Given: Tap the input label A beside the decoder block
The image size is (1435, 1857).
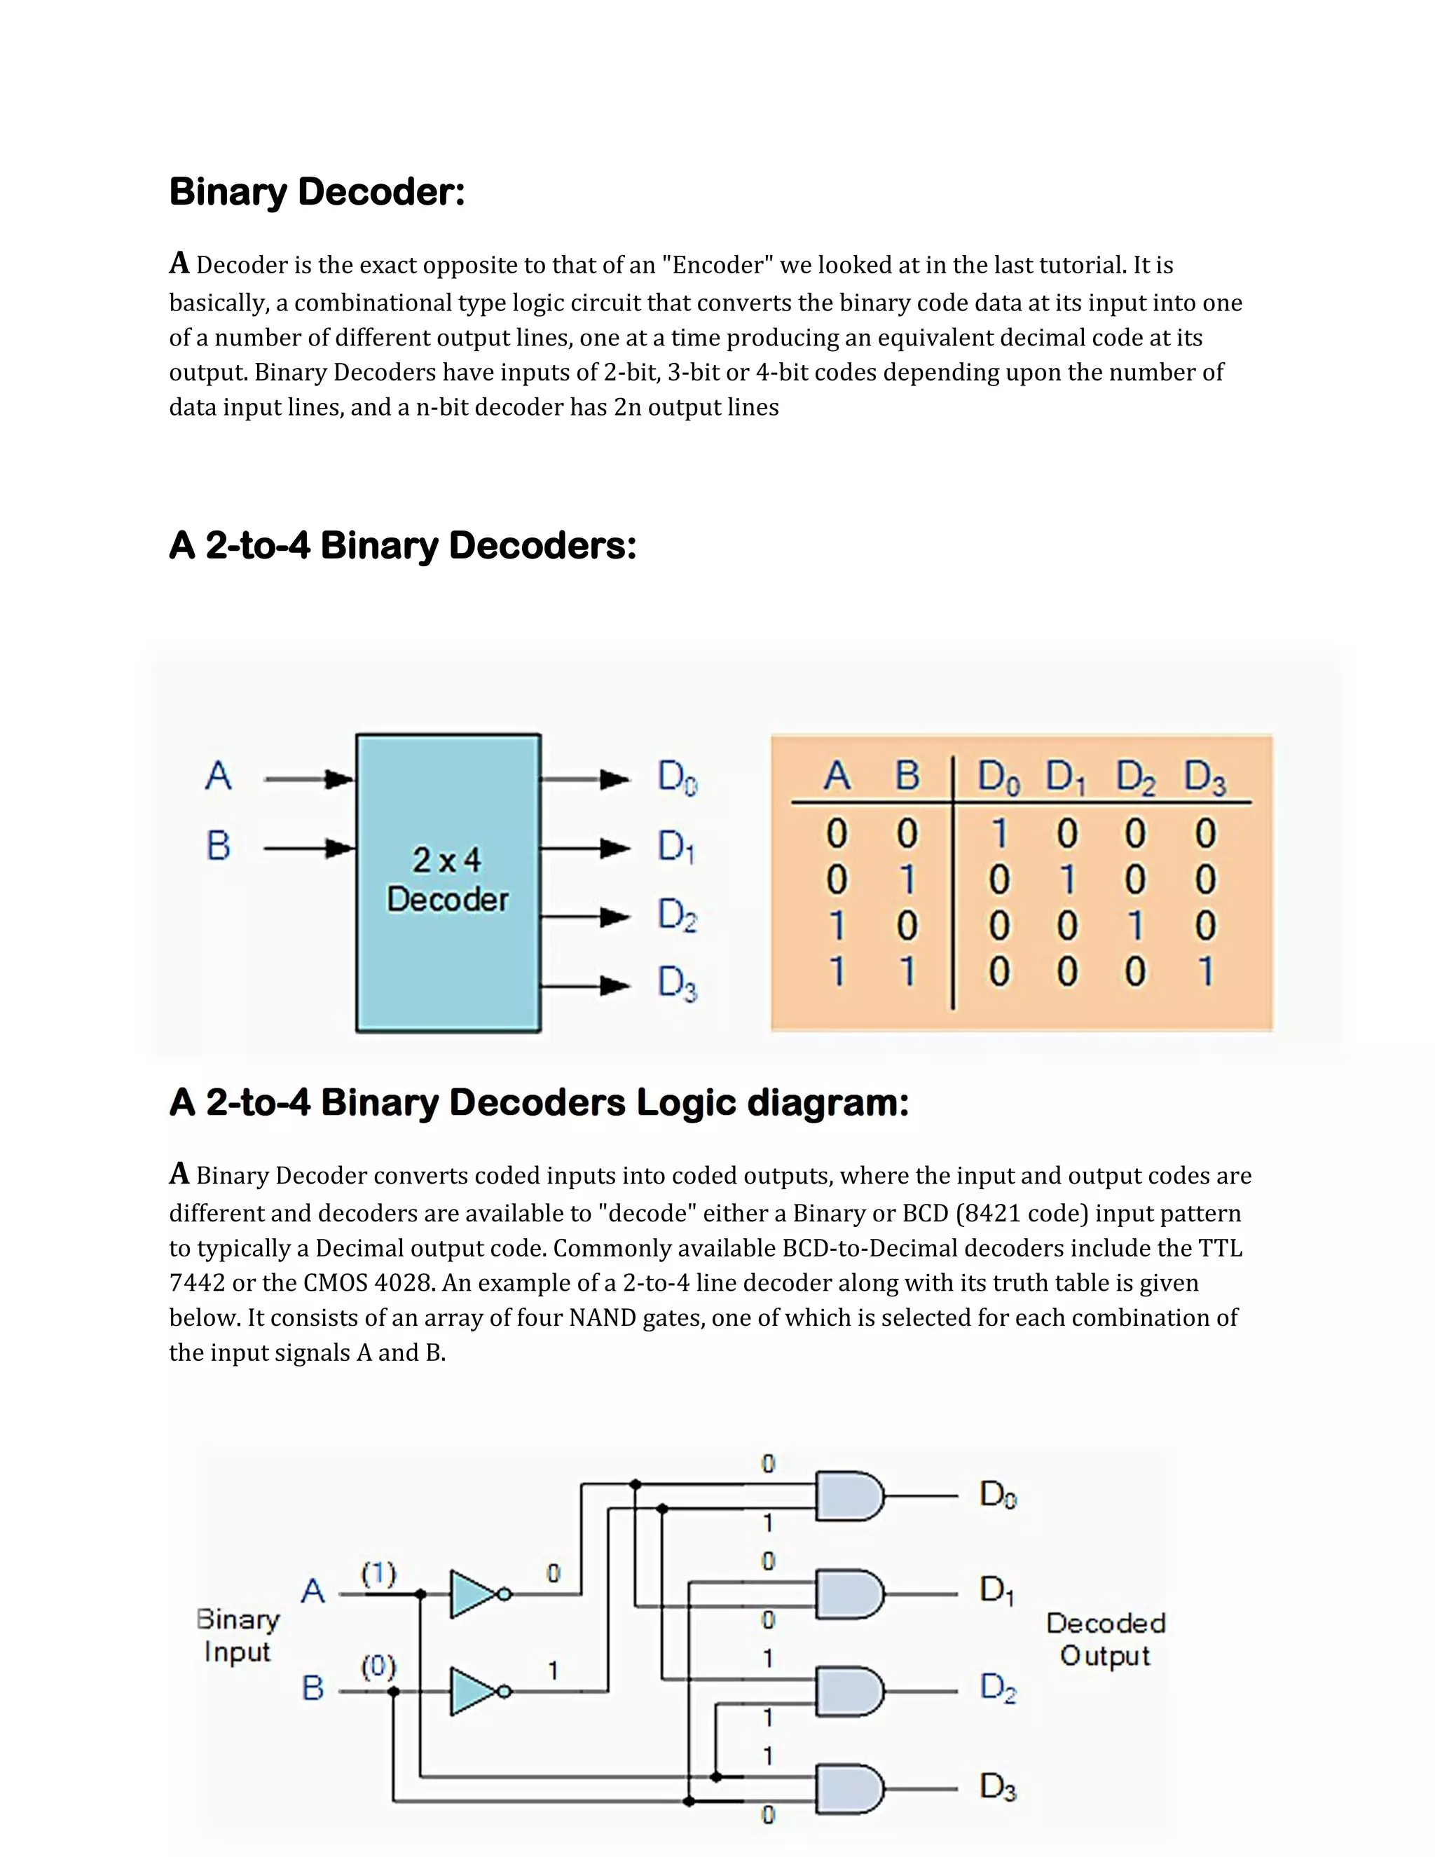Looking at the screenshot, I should tap(219, 776).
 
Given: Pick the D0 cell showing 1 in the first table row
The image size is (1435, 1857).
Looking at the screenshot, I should tap(1000, 833).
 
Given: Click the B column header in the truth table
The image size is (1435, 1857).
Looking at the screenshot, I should tap(907, 776).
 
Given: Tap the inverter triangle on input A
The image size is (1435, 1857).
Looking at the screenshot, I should tap(474, 1594).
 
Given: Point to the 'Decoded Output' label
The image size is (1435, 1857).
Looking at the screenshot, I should tap(1105, 1638).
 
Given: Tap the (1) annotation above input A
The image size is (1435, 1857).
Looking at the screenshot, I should tap(378, 1573).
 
